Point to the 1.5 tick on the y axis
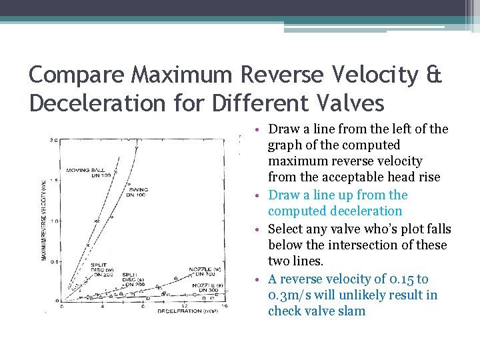(x=56, y=181)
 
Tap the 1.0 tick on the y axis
(x=56, y=221)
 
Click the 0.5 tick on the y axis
(x=56, y=261)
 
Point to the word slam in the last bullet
(x=351, y=311)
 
